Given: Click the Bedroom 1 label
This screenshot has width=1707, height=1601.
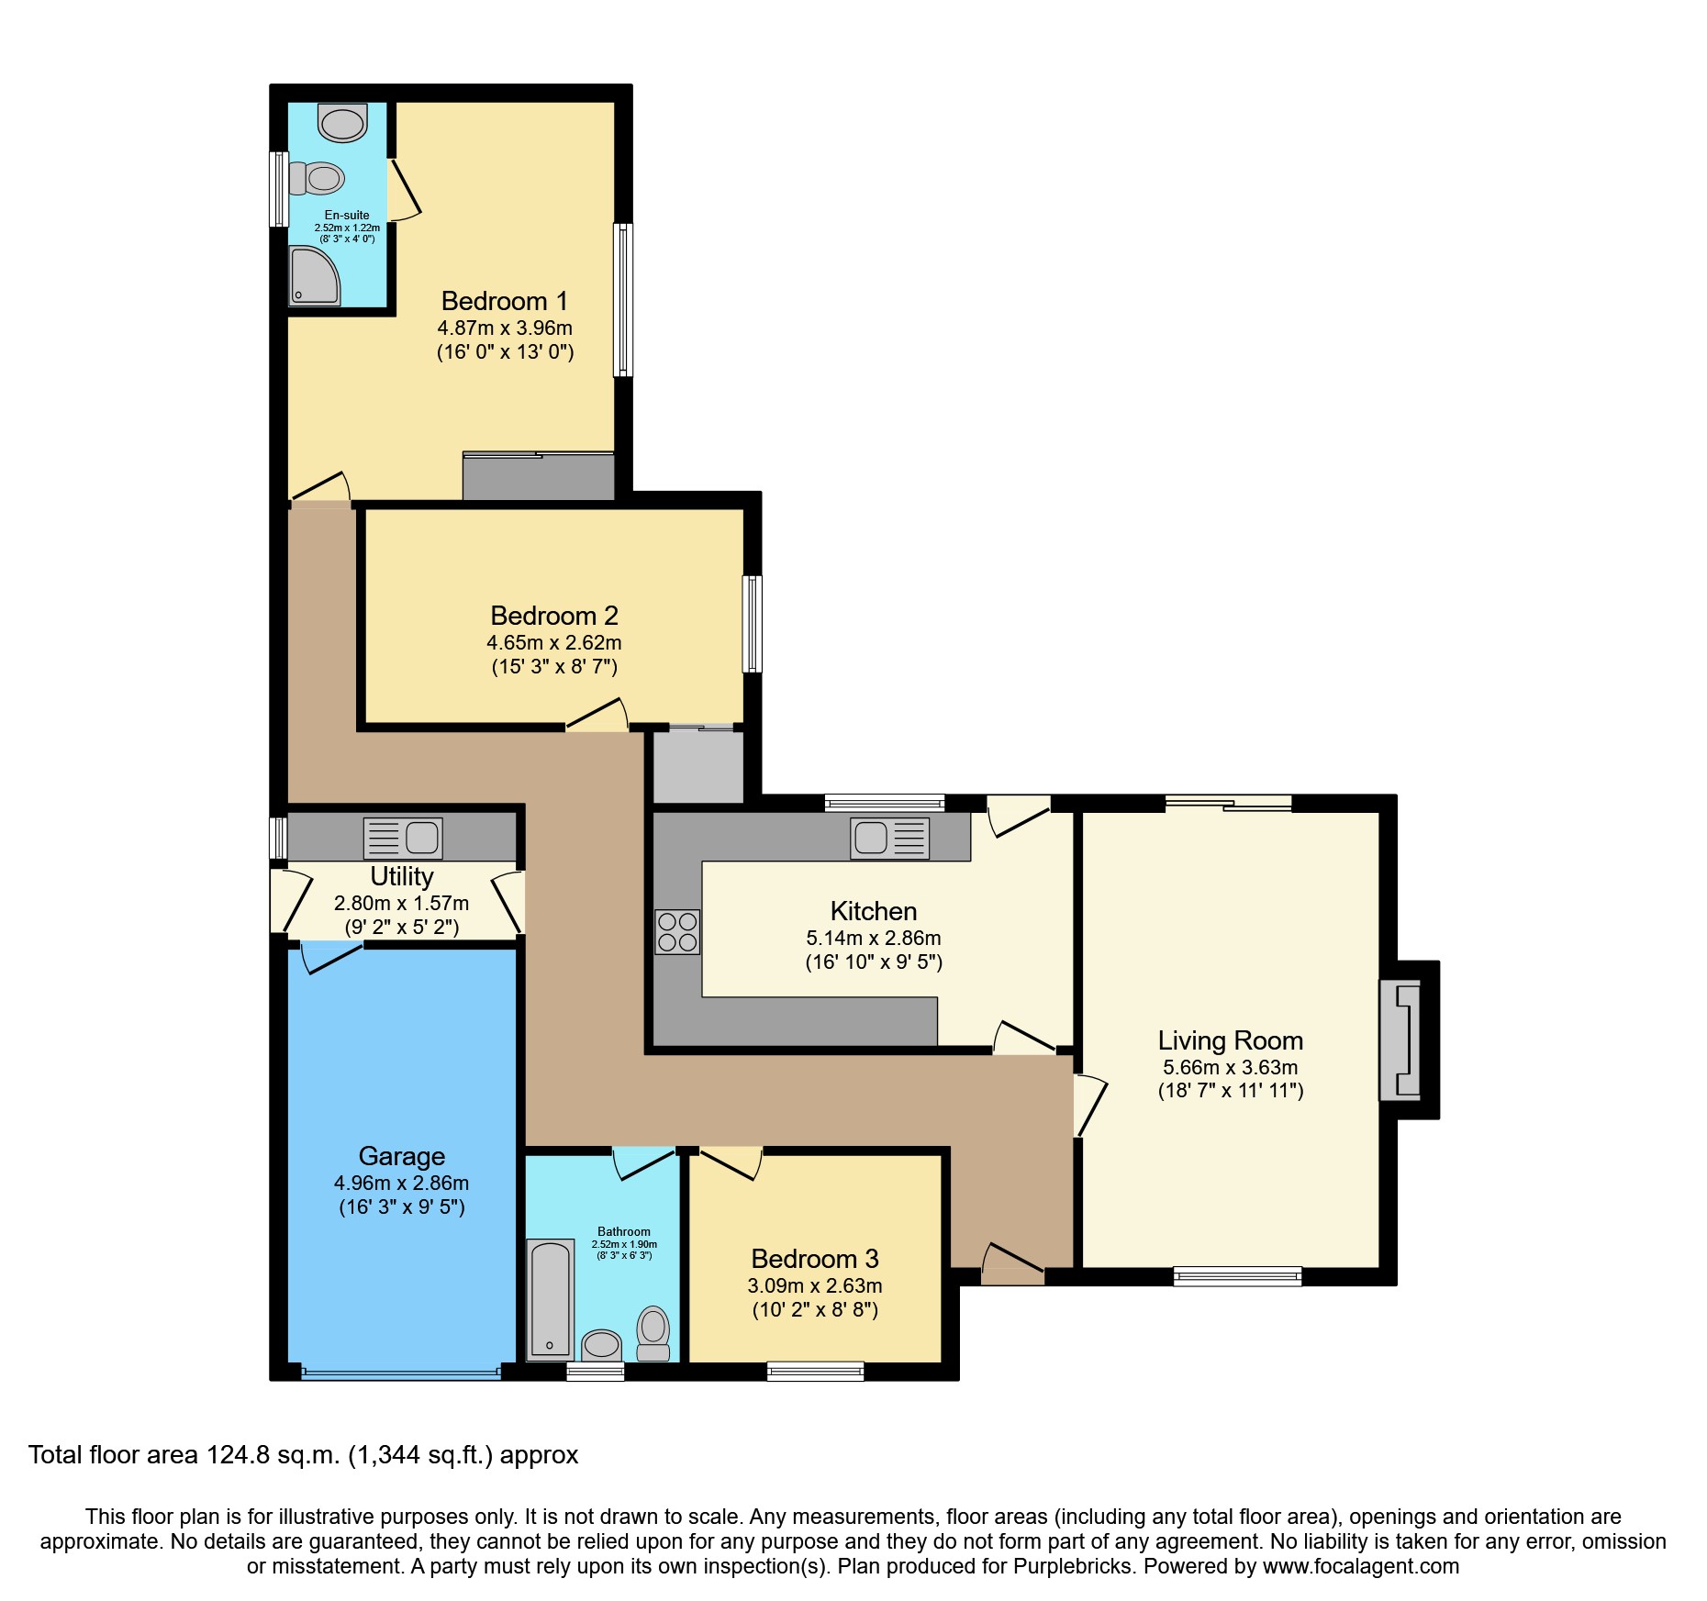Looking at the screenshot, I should click(504, 301).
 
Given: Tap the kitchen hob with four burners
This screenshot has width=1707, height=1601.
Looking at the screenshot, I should click(677, 932).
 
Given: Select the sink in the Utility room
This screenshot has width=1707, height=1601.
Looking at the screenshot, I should click(403, 838).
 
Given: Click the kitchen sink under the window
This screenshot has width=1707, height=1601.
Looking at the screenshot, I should click(889, 838).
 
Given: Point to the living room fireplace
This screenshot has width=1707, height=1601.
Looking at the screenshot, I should click(1401, 1040).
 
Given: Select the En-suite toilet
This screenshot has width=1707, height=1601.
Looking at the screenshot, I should click(317, 178).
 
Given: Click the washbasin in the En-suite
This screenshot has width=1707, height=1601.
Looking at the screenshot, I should click(342, 123).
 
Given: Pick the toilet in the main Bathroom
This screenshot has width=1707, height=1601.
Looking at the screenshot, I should click(653, 1331).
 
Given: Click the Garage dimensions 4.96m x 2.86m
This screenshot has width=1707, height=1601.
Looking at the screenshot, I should click(401, 1183).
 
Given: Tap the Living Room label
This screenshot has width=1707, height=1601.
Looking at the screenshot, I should click(1230, 1040).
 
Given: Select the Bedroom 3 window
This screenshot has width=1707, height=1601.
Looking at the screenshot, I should click(815, 1372).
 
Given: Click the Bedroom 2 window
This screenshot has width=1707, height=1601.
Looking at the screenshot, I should click(752, 624).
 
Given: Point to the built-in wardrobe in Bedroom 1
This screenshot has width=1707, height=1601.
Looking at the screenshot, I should click(538, 477).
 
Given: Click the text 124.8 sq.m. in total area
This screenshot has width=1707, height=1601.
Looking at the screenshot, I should click(273, 1455).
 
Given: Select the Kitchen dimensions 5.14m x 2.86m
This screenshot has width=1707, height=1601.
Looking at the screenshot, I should click(873, 938).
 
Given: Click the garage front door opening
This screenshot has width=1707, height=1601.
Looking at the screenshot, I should click(401, 1373).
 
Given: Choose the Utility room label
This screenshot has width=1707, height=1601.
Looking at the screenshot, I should click(401, 876).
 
